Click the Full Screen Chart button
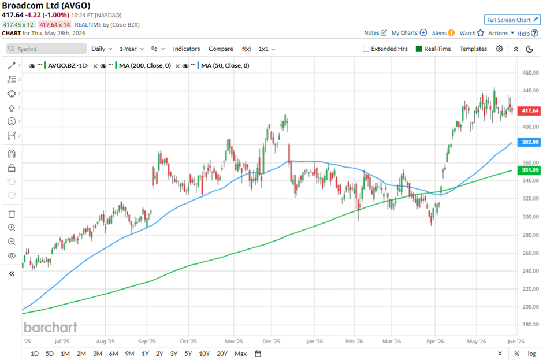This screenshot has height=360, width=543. point(512,20)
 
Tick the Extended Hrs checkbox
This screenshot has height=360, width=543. point(366,49)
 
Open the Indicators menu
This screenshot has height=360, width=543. point(187,49)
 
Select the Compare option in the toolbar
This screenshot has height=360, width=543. point(221,49)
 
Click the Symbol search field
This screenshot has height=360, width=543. point(46,49)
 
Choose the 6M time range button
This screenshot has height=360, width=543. point(113,354)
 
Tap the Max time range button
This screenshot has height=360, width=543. point(240,354)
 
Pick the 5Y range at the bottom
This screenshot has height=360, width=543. point(188,354)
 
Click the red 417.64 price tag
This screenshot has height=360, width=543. point(529,110)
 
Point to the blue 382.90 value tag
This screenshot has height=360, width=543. point(529,142)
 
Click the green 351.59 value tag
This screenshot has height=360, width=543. point(529,170)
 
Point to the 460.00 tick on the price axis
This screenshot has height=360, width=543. point(530,73)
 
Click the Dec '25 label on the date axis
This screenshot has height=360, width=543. point(271,342)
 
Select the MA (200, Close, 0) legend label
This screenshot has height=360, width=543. point(145,65)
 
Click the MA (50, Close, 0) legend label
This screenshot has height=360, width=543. point(225,65)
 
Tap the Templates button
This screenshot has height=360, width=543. point(473,49)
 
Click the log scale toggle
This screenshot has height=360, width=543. point(531,354)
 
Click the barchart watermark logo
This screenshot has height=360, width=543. point(50,328)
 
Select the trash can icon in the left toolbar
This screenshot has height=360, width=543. point(12,214)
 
